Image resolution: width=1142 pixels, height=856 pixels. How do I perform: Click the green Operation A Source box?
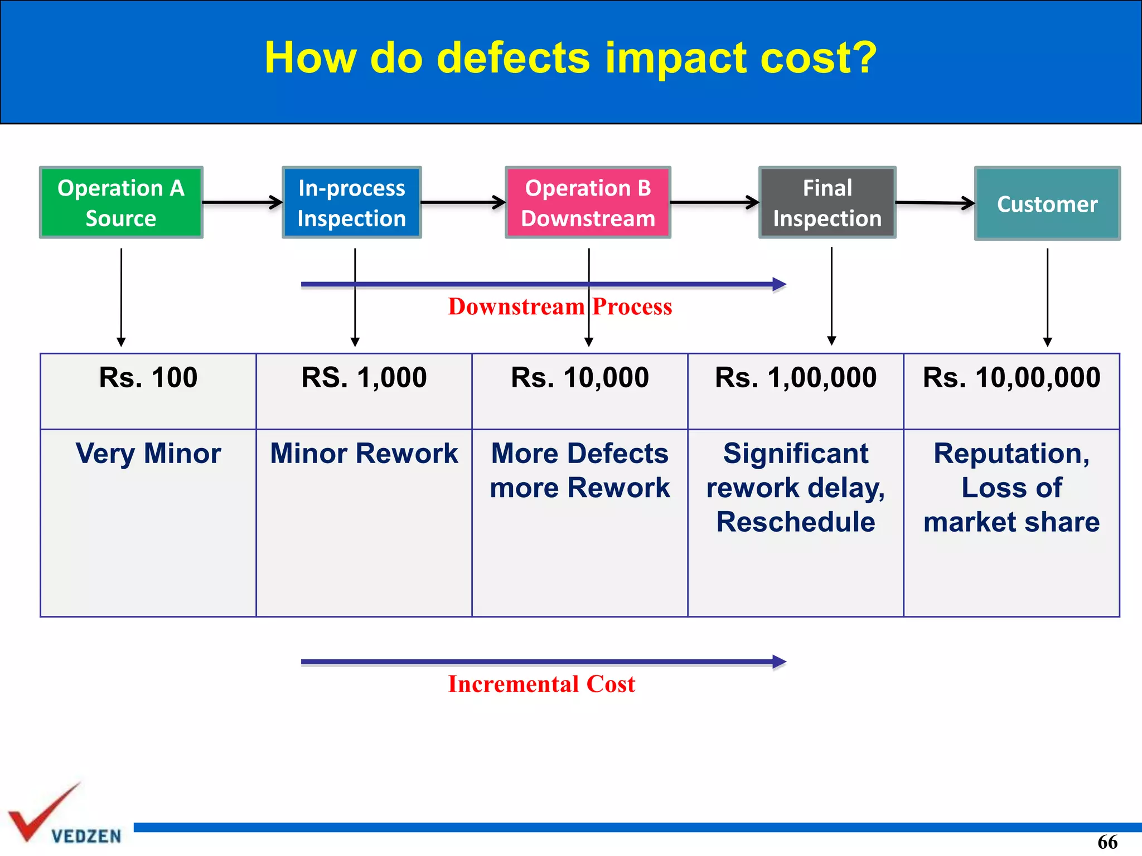[121, 203]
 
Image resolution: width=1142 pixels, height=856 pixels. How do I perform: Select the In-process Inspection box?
[351, 203]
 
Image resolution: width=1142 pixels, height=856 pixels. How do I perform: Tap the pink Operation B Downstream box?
[588, 203]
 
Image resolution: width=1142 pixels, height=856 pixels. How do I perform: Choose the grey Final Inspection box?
[827, 203]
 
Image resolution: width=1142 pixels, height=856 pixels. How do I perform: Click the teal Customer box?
[1047, 204]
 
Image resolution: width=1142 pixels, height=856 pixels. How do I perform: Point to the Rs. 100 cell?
[148, 378]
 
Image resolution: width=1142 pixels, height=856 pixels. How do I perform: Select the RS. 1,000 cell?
[364, 378]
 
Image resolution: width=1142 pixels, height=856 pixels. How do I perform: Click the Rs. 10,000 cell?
[580, 378]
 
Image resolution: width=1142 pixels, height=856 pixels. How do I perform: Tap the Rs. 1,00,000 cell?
[796, 378]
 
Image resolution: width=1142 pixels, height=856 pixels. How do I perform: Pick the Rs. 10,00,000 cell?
[1012, 378]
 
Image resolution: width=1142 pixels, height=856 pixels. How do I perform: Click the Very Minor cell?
[148, 454]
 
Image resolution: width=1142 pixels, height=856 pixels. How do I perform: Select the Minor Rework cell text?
[364, 454]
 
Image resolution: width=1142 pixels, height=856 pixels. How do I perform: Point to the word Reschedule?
[796, 522]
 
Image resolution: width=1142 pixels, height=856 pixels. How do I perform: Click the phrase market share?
[1012, 522]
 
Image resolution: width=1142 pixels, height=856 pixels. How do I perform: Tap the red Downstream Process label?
[560, 307]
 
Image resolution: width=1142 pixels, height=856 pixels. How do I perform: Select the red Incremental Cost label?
[541, 684]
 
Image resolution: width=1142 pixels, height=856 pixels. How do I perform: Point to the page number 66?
[1107, 842]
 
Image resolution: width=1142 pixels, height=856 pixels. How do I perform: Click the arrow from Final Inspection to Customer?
[935, 203]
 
